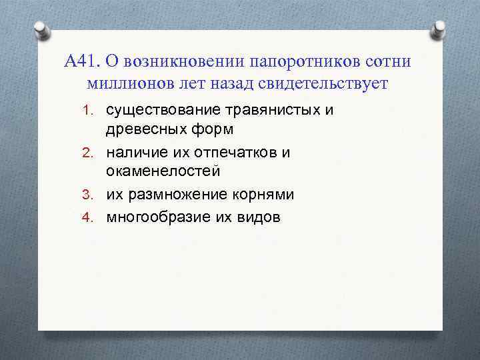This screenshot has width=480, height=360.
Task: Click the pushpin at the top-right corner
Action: (439, 29)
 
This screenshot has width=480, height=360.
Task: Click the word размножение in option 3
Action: (179, 195)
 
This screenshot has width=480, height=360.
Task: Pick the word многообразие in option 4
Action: (157, 217)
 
